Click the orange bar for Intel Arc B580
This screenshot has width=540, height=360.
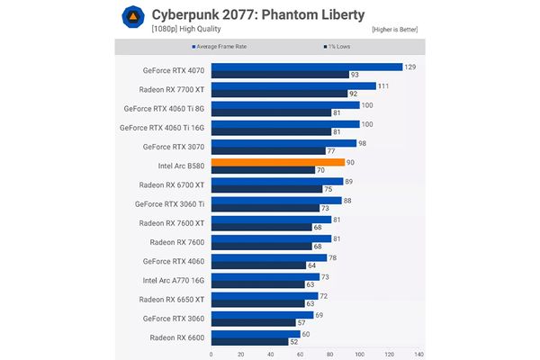coord(277,162)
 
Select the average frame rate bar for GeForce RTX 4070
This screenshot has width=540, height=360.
coord(306,66)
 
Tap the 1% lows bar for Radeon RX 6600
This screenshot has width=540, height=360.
coord(249,341)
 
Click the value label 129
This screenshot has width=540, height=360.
coord(410,66)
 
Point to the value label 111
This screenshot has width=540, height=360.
coord(382,85)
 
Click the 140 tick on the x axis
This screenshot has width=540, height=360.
coord(418,354)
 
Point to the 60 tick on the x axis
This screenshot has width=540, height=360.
coord(300,354)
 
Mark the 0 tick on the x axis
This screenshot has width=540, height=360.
coord(211,354)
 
